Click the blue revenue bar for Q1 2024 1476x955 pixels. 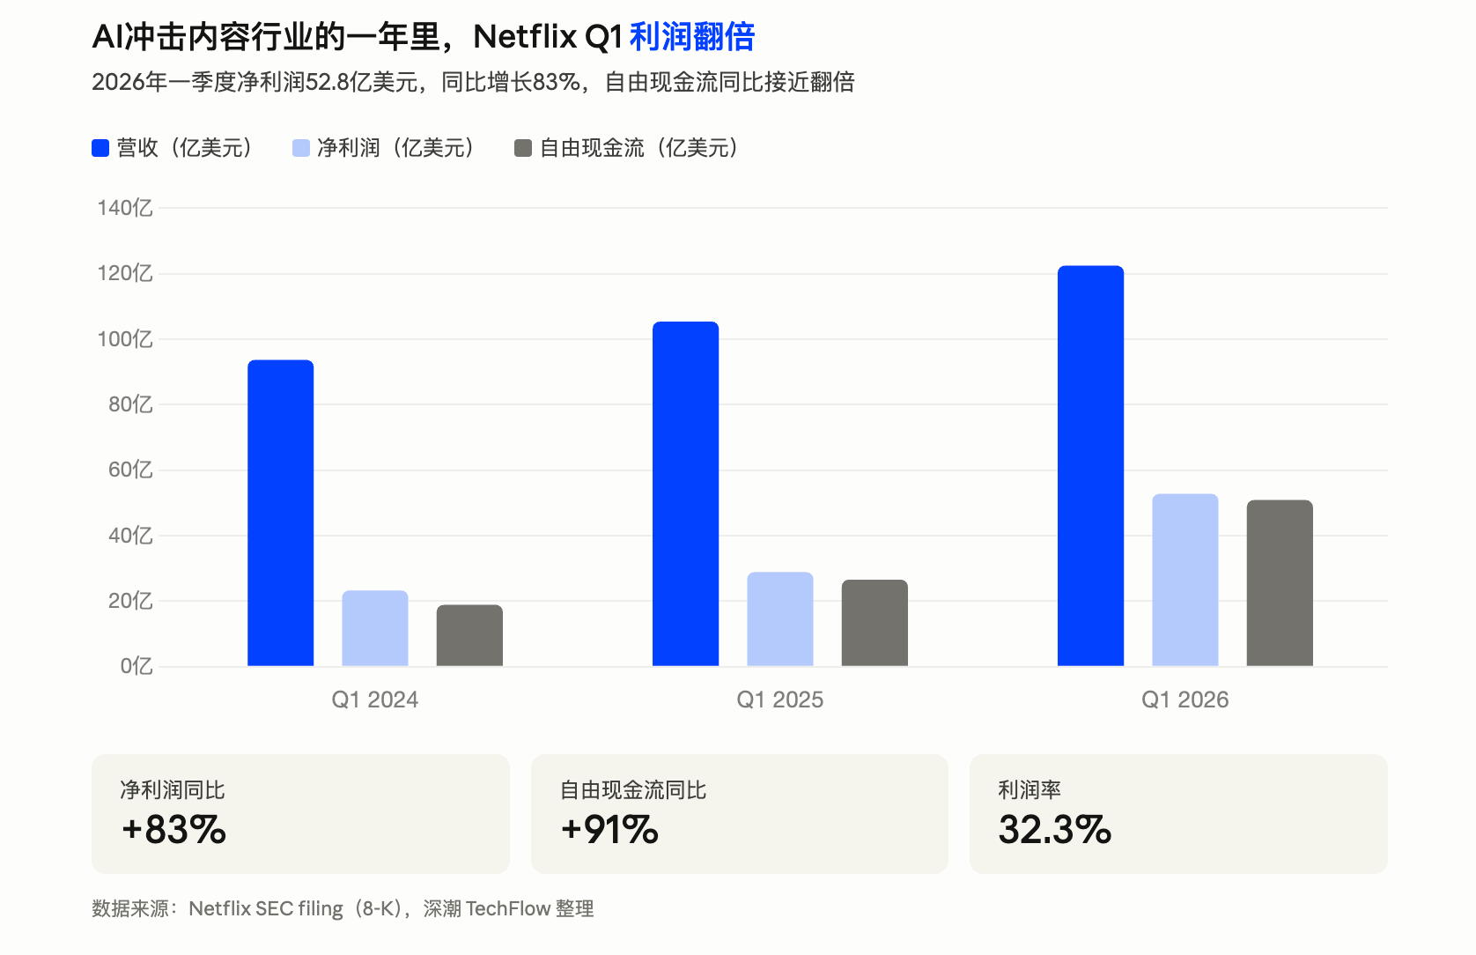[280, 513]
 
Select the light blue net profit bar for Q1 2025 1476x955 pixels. [779, 619]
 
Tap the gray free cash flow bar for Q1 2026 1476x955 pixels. [1279, 583]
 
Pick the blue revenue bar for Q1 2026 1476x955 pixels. [1090, 465]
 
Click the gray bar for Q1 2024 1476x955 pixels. [469, 635]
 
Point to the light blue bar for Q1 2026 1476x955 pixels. [1184, 580]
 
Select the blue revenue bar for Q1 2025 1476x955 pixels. [685, 493]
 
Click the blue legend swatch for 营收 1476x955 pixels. [100, 148]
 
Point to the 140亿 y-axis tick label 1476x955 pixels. [125, 208]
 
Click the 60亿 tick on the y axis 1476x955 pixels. [130, 470]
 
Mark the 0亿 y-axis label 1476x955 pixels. [137, 666]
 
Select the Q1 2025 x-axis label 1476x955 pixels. [779, 700]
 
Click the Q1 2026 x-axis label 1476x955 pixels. [1184, 700]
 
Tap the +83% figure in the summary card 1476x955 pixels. [174, 830]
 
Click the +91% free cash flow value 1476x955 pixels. [609, 830]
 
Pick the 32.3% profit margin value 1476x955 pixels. [1054, 830]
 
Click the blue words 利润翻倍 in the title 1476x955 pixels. [692, 37]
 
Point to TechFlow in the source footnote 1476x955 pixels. [507, 908]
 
